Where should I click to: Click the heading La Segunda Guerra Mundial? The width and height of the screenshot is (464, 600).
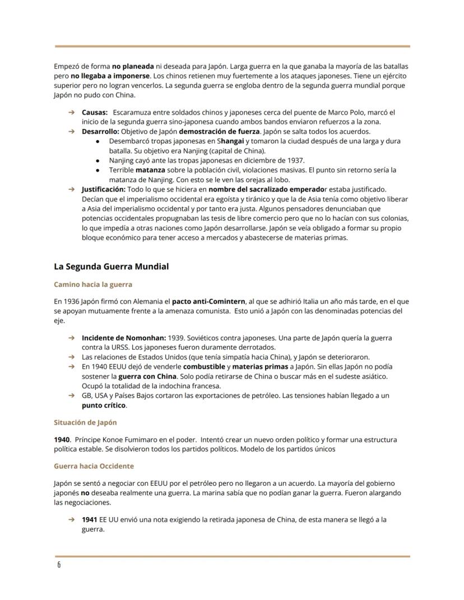pyautogui.click(x=111, y=267)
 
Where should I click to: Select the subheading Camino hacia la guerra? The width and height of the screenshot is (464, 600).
pyautogui.click(x=93, y=285)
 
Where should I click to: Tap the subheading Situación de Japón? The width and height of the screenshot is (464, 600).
pyautogui.click(x=85, y=422)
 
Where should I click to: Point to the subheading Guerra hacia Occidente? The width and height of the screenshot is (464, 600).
pyautogui.click(x=94, y=466)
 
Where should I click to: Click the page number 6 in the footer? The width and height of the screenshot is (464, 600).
pyautogui.click(x=59, y=565)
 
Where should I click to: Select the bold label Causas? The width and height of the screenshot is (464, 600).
pyautogui.click(x=95, y=113)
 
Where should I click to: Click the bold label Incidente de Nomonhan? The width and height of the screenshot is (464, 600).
pyautogui.click(x=124, y=338)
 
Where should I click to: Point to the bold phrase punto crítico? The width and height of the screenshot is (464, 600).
pyautogui.click(x=104, y=405)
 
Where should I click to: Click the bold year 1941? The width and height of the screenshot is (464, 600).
pyautogui.click(x=90, y=519)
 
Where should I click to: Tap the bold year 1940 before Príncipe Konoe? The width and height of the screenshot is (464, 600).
pyautogui.click(x=62, y=440)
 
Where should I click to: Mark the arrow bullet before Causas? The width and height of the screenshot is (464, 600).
pyautogui.click(x=71, y=113)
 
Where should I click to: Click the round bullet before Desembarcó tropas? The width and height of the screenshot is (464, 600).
pyautogui.click(x=98, y=141)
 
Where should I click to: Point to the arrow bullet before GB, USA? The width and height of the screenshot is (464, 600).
pyautogui.click(x=71, y=396)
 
